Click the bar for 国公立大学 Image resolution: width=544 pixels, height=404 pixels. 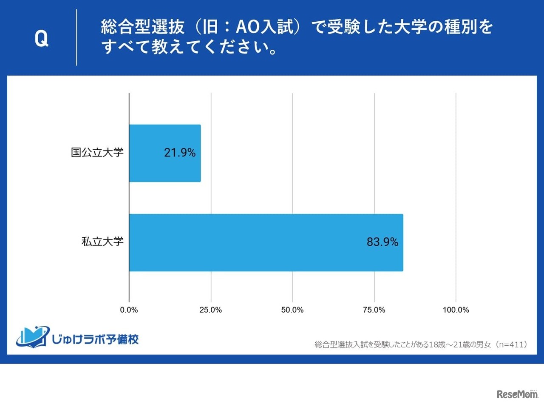pyautogui.click(x=164, y=153)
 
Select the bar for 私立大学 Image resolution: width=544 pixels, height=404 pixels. pyautogui.click(x=266, y=242)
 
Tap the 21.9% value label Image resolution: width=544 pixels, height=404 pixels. pyautogui.click(x=180, y=153)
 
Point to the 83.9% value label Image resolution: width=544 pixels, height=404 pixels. pyautogui.click(x=382, y=242)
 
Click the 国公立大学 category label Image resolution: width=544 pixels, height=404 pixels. pyautogui.click(x=97, y=153)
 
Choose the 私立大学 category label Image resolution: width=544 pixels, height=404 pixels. pyautogui.click(x=102, y=242)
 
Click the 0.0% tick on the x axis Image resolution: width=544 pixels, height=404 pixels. pyautogui.click(x=129, y=310)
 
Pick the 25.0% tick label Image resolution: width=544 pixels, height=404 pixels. pyautogui.click(x=211, y=310)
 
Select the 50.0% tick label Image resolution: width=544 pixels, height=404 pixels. pyautogui.click(x=292, y=310)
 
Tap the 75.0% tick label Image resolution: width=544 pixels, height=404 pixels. pyautogui.click(x=374, y=310)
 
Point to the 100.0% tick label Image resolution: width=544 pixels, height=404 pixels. pyautogui.click(x=456, y=310)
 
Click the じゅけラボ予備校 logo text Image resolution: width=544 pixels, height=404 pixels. pyautogui.click(x=95, y=339)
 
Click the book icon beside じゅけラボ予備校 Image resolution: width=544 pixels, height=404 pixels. pyautogui.click(x=32, y=337)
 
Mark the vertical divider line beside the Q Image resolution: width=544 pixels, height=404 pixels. pyautogui.click(x=76, y=37)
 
